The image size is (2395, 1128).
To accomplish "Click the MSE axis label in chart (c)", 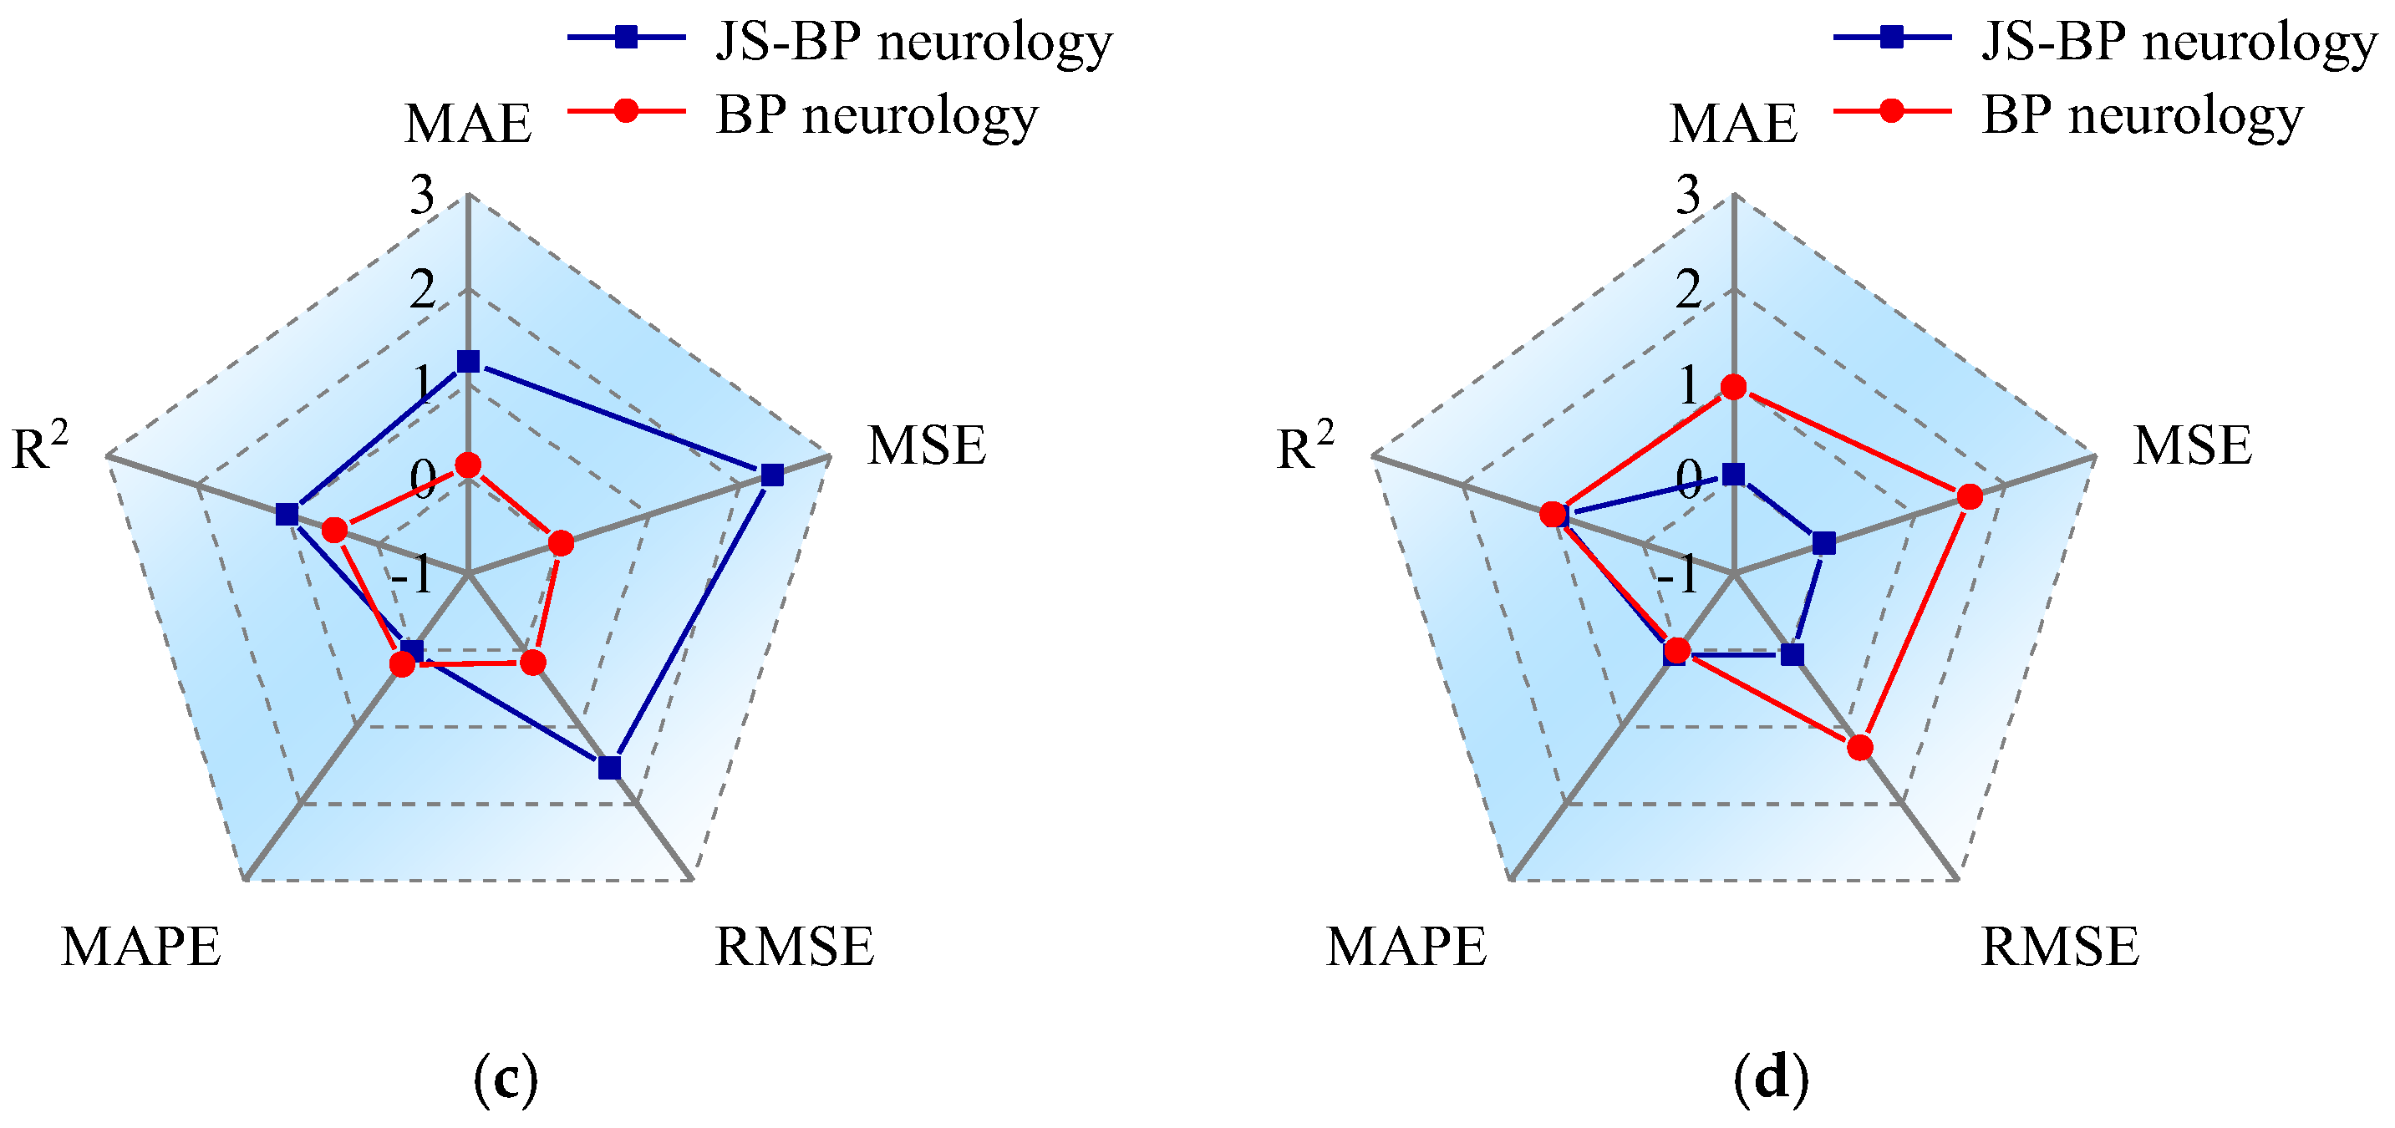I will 926,445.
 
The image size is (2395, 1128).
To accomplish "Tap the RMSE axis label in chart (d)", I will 2060,948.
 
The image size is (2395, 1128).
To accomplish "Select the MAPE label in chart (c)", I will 141,948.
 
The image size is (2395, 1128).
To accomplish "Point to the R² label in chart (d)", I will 1304,445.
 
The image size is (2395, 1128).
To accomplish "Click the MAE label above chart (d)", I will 1733,124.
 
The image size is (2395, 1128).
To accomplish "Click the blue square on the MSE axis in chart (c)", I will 771,475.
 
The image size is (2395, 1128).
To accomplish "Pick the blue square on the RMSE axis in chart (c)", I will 609,767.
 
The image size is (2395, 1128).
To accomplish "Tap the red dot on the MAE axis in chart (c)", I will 468,464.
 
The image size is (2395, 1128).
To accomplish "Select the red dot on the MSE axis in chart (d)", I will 1969,497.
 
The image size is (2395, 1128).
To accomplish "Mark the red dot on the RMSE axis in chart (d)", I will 1859,747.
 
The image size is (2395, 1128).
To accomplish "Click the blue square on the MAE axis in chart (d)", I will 1733,475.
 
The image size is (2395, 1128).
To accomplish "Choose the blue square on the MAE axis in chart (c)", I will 468,361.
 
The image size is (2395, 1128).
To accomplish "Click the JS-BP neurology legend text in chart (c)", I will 913,41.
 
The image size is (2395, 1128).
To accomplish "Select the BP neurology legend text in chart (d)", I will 2142,115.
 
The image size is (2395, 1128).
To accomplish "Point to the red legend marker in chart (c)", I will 627,110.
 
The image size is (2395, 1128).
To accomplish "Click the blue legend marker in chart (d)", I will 1891,38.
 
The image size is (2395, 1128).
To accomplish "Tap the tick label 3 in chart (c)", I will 423,196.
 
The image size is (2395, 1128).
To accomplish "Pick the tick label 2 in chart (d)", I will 1688,290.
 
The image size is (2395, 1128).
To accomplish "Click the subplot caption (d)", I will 1771,1079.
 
